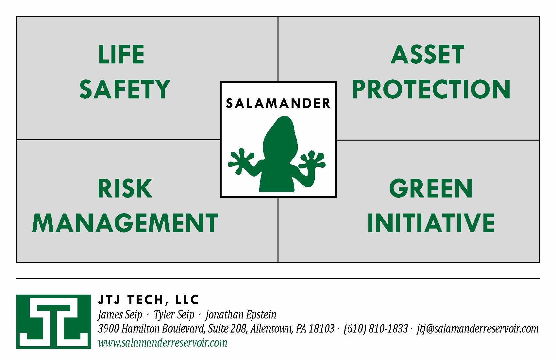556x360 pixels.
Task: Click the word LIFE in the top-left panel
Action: tap(121, 54)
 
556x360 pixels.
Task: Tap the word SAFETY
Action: tap(125, 89)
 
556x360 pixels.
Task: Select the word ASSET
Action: tap(427, 54)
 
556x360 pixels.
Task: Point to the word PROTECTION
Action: tap(431, 89)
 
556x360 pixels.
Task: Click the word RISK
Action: tap(125, 188)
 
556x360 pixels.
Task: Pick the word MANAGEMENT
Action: tap(125, 223)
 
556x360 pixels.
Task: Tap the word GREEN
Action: tap(431, 188)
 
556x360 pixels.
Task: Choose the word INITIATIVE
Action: tap(431, 223)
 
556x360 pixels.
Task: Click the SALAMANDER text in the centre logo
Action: tap(278, 103)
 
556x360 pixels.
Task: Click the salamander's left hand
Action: tap(241, 161)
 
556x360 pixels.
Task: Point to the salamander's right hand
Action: tap(312, 162)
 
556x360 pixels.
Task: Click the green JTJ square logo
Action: tap(53, 321)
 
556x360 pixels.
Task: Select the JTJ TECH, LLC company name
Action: tap(148, 300)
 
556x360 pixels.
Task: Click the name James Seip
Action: tap(120, 315)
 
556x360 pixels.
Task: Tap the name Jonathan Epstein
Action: tap(241, 315)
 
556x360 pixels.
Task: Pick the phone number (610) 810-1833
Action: tap(376, 329)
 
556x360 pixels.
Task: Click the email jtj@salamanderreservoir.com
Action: tap(478, 329)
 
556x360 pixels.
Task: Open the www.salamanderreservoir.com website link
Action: tap(162, 343)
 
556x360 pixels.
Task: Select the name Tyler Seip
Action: tap(174, 315)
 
